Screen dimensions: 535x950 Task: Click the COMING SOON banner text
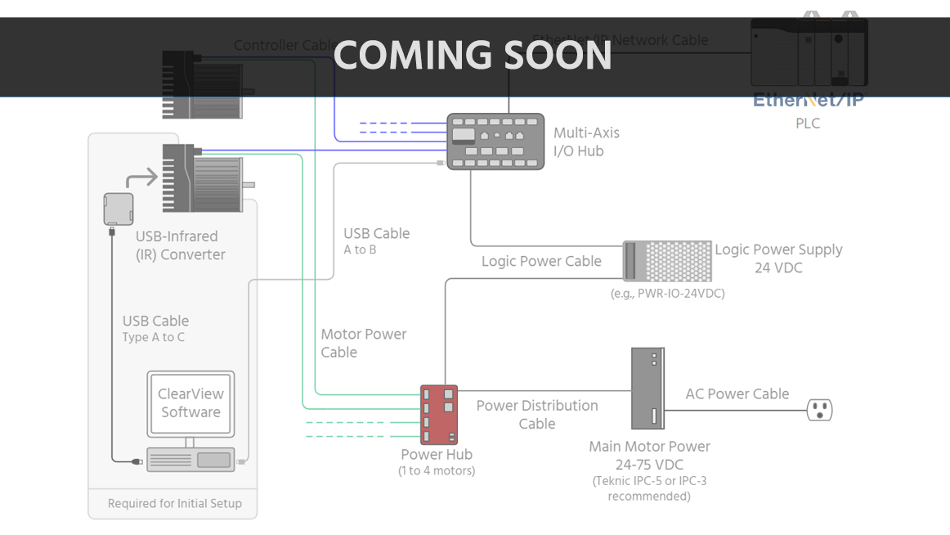coord(473,56)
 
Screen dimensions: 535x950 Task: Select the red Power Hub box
coord(439,415)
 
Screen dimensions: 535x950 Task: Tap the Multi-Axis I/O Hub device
coord(495,142)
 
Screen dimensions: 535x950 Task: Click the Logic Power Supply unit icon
coord(666,262)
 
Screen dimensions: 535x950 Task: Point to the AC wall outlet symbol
coord(819,409)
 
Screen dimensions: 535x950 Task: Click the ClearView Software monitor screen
coord(190,402)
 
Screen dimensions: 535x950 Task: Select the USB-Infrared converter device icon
coord(119,209)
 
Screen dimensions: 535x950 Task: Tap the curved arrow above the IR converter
coord(141,178)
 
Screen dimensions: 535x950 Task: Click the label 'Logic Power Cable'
coord(541,262)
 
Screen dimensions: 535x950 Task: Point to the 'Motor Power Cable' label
coord(363,344)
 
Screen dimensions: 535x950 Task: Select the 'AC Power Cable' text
coord(737,394)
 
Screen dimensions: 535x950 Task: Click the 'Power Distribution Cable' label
coord(536,415)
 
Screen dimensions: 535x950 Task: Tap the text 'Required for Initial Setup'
coord(175,504)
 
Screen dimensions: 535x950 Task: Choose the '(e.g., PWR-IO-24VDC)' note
coord(667,294)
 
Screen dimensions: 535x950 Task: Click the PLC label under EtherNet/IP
coord(807,124)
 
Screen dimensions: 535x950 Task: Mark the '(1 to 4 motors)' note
coord(437,471)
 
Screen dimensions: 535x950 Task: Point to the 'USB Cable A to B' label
coord(376,241)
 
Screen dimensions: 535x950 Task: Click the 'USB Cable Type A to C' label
coord(155,328)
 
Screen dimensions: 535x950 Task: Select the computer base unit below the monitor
coord(190,459)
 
